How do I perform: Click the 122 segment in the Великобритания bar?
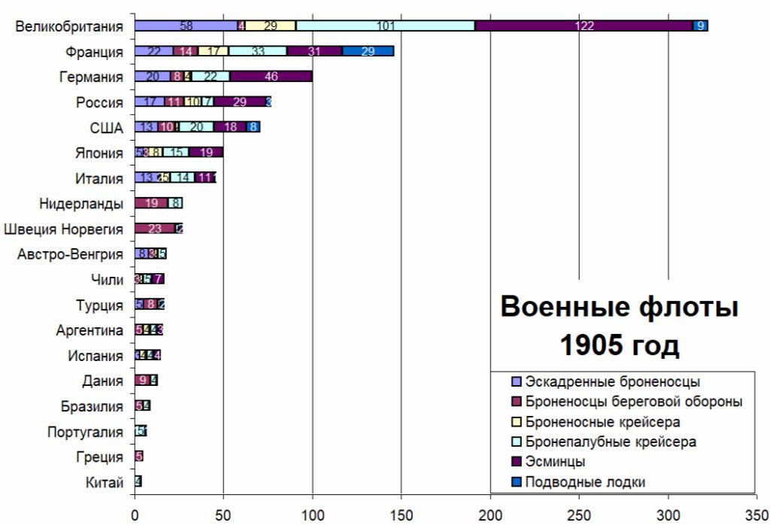coord(584,26)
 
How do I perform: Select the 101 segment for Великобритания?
coord(385,26)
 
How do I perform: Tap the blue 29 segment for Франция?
coord(368,51)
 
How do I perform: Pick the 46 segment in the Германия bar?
coord(271,77)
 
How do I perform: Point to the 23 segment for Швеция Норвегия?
coord(155,229)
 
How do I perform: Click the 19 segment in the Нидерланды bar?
coord(151,203)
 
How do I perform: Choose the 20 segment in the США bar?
coord(196,127)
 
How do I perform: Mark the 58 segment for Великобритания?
coord(186,26)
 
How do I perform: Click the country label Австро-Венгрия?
coord(71,254)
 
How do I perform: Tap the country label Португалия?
coord(83,432)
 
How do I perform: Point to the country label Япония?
coord(99,153)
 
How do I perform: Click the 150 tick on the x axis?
coord(401,515)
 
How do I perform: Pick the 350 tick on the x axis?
coord(756,515)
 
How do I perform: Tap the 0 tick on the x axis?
coord(135,515)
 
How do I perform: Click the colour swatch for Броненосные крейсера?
coord(516,422)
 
